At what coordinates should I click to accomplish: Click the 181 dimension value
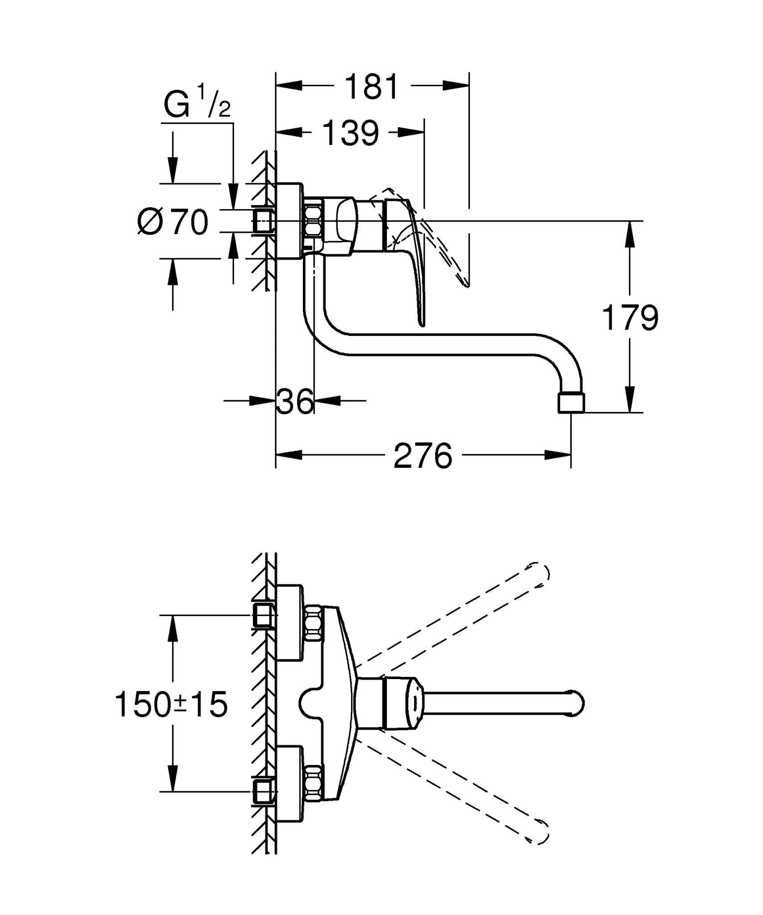pos(372,87)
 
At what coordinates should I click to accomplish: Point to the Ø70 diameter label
pos(173,222)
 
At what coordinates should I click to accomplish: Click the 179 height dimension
pos(630,318)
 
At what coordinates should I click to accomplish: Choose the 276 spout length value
pos(423,456)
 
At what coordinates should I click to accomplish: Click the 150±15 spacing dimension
pos(171,705)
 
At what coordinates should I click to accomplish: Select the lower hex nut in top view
pos(314,783)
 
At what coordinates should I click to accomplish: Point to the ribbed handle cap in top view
pos(403,705)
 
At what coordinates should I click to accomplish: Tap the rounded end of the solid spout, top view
pos(575,705)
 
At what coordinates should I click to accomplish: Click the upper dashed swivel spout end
pos(539,574)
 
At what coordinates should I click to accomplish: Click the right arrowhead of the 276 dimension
pos(559,455)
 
